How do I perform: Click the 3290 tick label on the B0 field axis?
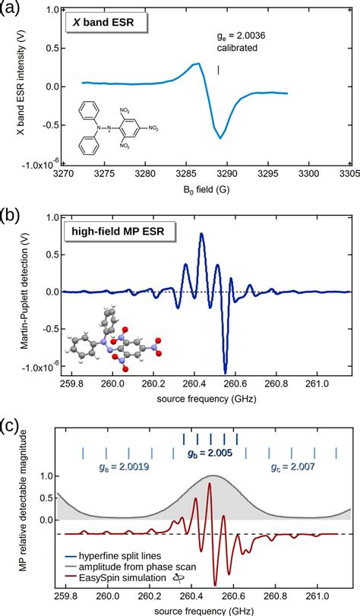point(219,173)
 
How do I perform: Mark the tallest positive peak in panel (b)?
point(201,234)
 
